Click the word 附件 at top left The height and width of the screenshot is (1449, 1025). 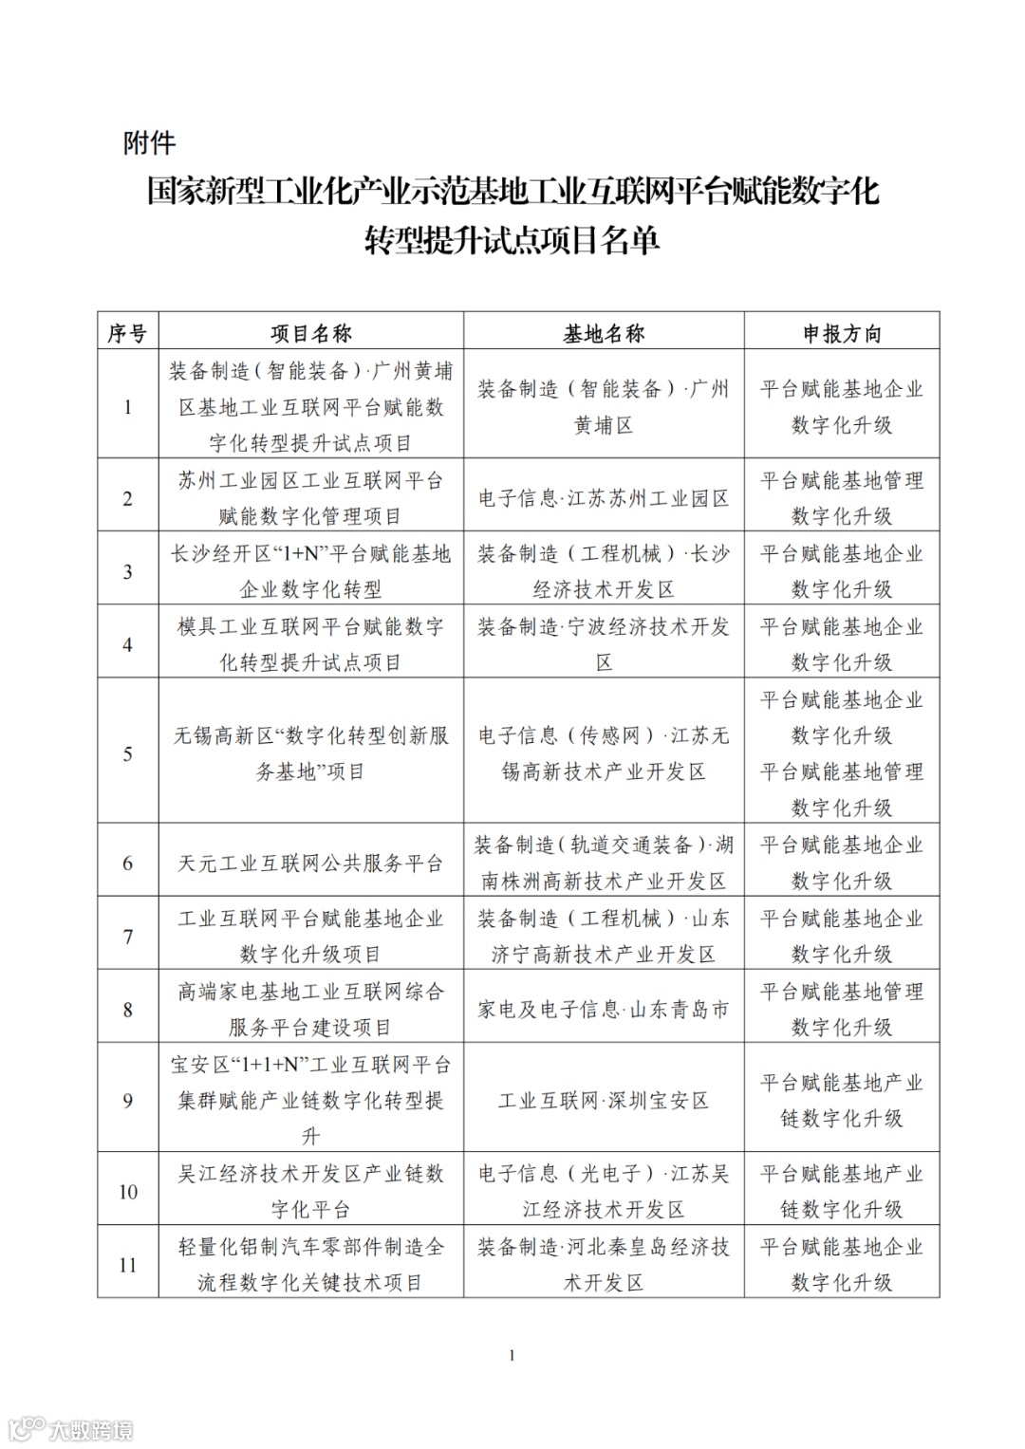click(149, 143)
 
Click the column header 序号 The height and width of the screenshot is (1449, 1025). click(127, 333)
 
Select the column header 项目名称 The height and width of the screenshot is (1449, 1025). click(310, 333)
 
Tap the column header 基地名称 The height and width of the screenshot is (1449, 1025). click(604, 333)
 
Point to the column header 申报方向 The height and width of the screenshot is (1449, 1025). click(842, 333)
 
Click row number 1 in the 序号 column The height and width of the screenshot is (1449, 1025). click(127, 407)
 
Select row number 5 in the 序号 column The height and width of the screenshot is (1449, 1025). click(127, 754)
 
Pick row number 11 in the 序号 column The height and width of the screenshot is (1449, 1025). click(127, 1265)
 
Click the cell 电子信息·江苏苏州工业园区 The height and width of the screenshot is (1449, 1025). click(604, 498)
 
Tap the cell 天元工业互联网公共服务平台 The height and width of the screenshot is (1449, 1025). click(310, 864)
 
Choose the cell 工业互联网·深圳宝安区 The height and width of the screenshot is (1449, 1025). click(604, 1101)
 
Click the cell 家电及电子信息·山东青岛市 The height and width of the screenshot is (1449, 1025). click(604, 1010)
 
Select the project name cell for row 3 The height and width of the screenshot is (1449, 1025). click(310, 571)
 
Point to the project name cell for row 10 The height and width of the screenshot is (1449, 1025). click(310, 1192)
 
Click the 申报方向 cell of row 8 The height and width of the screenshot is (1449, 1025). click(842, 1010)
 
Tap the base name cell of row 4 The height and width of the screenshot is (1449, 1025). click(604, 644)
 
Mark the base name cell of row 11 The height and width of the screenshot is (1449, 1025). click(604, 1265)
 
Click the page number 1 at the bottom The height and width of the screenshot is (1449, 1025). click(512, 1355)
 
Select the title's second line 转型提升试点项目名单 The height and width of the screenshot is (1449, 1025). click(512, 241)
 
